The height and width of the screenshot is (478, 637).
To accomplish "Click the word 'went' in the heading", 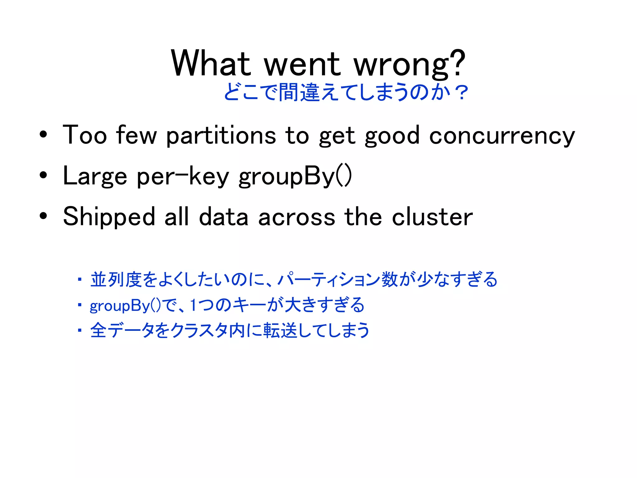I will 302,64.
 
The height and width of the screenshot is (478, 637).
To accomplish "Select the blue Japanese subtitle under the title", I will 345,92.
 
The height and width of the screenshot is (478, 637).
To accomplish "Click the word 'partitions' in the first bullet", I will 221,136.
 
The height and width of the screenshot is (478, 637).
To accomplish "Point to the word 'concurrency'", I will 502,136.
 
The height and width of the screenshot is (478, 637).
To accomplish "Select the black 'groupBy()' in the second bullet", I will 295,176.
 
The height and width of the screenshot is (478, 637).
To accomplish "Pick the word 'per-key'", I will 183,176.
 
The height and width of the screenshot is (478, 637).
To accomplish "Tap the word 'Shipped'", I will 109,217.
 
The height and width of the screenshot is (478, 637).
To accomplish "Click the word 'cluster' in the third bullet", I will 432,217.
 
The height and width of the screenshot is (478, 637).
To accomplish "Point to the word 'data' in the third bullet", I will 223,217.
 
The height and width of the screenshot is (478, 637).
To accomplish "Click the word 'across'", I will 296,217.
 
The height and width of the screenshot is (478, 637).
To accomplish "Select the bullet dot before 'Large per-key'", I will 43,175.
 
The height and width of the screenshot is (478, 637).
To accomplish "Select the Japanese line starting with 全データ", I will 230,330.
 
